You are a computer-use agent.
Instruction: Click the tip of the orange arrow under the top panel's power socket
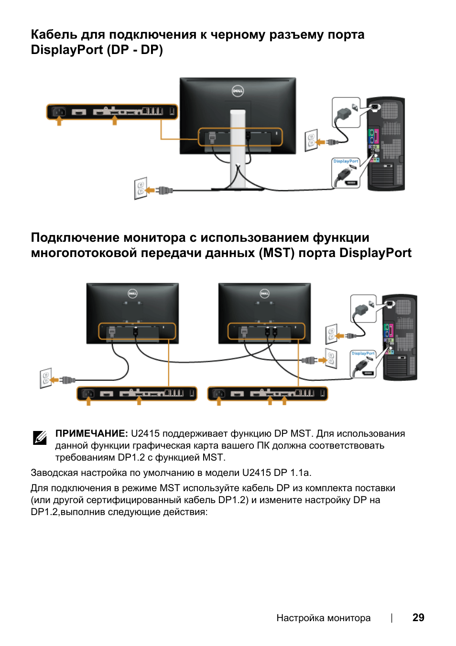click(59, 116)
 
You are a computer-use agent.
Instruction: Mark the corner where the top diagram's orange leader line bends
click(161, 139)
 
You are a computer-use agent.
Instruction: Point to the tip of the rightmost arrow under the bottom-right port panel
click(284, 396)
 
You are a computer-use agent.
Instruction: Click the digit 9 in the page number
click(422, 617)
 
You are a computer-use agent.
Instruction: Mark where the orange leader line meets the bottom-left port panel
click(169, 387)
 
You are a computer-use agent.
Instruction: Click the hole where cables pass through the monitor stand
click(238, 165)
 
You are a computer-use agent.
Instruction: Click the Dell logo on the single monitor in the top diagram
click(238, 91)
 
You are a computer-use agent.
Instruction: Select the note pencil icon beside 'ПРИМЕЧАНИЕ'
click(40, 438)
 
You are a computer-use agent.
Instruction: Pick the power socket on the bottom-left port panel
click(88, 393)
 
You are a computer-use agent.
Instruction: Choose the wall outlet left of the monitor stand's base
click(141, 188)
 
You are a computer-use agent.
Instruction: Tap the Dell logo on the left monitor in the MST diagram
click(132, 293)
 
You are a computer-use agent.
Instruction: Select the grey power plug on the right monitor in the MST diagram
click(244, 332)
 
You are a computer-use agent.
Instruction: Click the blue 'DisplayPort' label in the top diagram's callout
click(346, 161)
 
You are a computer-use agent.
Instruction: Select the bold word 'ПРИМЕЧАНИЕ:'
click(91, 433)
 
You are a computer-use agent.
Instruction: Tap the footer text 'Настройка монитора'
click(323, 618)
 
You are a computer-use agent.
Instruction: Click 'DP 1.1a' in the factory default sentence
click(293, 473)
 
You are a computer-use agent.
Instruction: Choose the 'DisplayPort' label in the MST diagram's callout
click(363, 353)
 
